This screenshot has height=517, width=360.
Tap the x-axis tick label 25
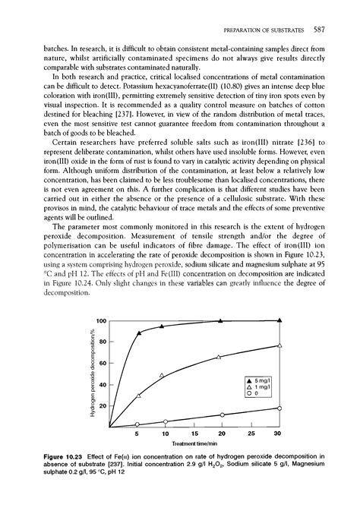[251, 434]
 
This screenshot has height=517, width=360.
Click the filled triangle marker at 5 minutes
[138, 333]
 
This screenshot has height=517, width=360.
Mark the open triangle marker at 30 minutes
[279, 345]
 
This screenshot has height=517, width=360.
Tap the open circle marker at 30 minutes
[279, 408]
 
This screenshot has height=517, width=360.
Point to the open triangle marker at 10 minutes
[162, 375]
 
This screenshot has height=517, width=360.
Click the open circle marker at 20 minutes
[221, 415]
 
